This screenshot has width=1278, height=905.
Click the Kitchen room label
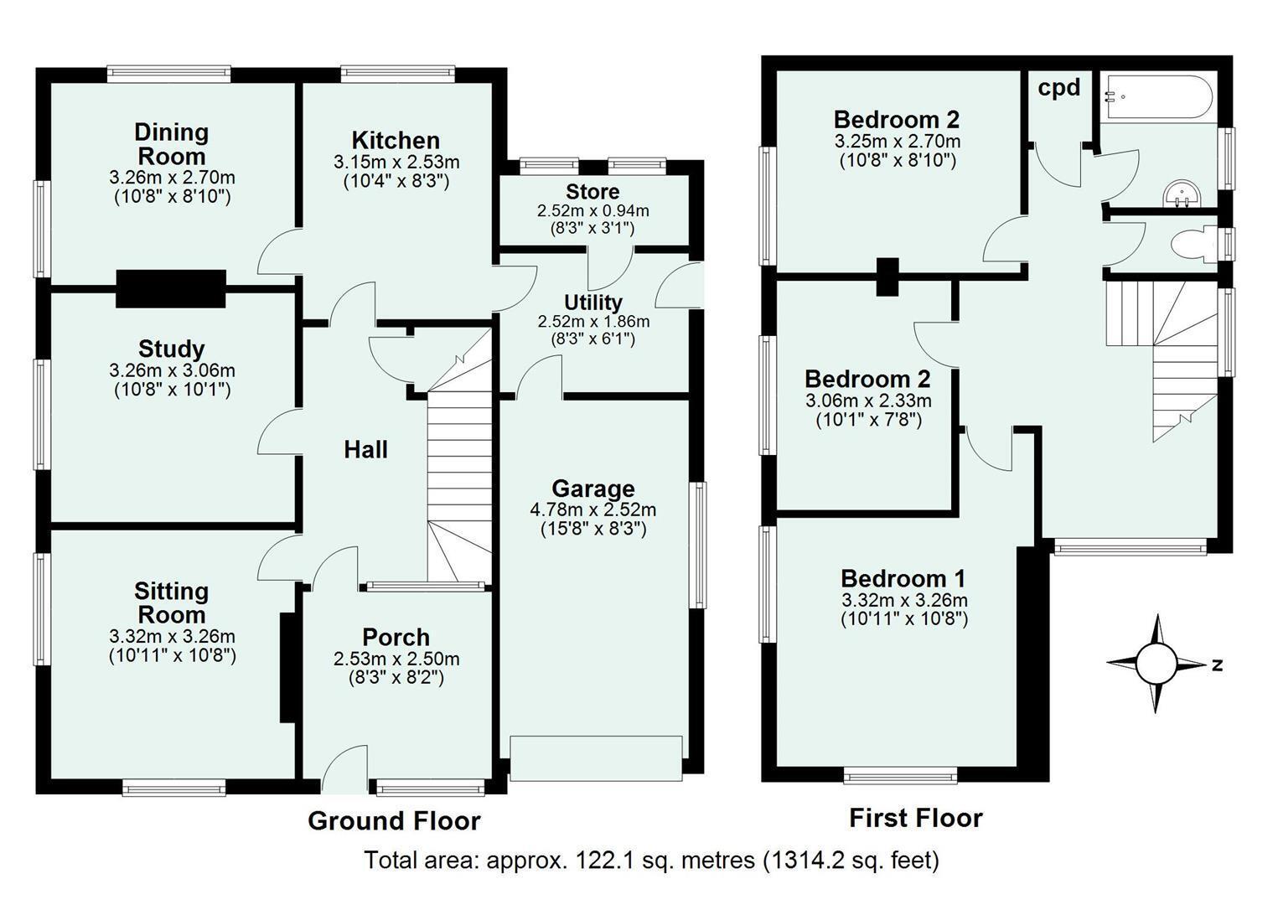396,141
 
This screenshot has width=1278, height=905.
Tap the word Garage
592,489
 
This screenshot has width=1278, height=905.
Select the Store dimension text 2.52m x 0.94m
592,210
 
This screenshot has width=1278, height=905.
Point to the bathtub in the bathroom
1159,97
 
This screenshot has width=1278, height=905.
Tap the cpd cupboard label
1059,88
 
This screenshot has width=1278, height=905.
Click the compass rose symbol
1156,665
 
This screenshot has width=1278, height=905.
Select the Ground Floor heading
394,820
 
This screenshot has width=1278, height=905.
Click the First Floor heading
916,818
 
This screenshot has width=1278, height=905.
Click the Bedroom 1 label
903,578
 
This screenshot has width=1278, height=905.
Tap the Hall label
365,450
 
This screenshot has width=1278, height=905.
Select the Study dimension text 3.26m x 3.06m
172,370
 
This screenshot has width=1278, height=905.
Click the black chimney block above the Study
171,289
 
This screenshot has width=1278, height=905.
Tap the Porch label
396,637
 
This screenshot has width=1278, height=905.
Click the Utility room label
592,303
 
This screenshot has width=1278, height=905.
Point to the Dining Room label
171,144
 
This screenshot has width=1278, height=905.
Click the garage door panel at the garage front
596,758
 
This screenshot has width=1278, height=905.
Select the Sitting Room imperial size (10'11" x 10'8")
173,655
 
